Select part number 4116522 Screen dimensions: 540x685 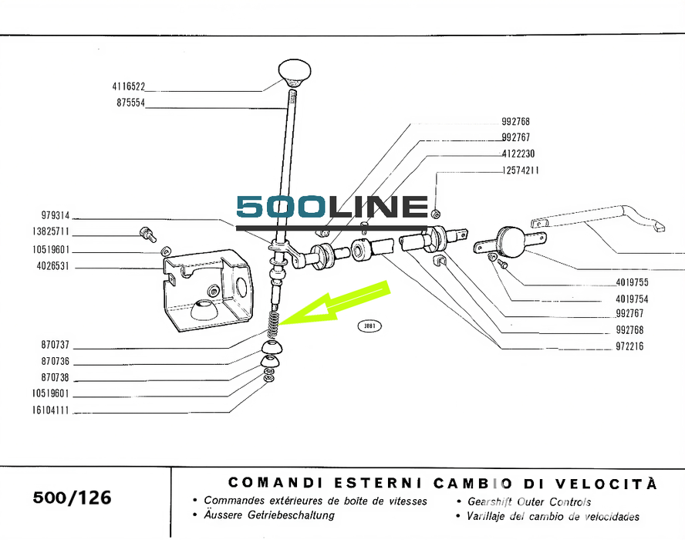point(128,87)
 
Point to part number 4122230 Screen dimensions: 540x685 point(518,154)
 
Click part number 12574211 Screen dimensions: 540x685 point(520,170)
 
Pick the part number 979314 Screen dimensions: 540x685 point(56,215)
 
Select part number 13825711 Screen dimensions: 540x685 point(52,231)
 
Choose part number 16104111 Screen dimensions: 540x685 point(52,410)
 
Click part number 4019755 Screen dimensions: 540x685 point(632,282)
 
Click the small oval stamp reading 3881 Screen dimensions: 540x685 point(369,326)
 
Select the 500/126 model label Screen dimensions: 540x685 point(72,498)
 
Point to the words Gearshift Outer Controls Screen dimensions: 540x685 point(529,501)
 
